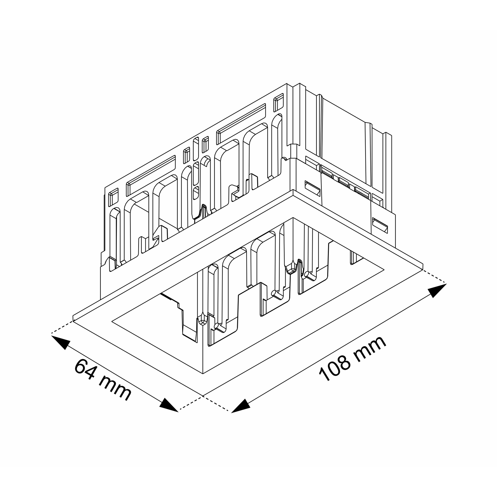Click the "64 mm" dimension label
click(103, 380)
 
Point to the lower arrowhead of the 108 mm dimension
click(241, 406)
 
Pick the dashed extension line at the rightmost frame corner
click(435, 277)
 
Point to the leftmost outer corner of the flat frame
click(73, 321)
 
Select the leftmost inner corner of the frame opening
click(112, 321)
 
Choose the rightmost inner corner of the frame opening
click(384, 270)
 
